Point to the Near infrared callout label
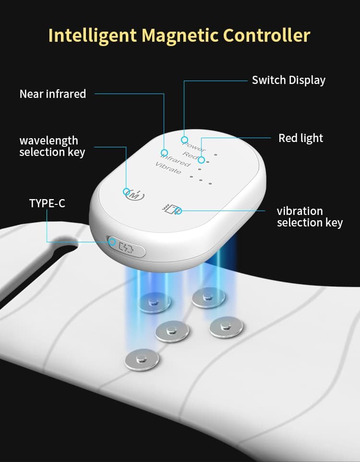[x=53, y=94]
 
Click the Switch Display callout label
[x=288, y=80]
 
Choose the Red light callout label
[x=300, y=138]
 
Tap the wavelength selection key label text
[x=52, y=146]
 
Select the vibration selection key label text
[x=310, y=217]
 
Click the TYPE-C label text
[x=47, y=203]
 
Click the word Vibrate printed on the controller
[x=168, y=168]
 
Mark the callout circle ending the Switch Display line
[x=184, y=140]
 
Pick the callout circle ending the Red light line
[x=202, y=160]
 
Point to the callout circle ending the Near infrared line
[x=164, y=153]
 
